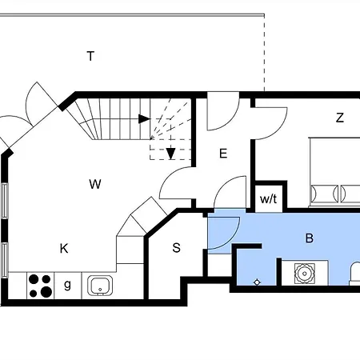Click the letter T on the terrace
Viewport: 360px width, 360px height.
click(90, 56)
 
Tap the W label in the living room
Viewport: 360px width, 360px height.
click(95, 184)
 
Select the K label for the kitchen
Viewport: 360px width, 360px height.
click(64, 249)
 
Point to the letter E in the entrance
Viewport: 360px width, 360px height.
click(223, 154)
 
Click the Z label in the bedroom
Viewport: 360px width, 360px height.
click(340, 118)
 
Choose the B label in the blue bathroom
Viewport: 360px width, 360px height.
click(310, 238)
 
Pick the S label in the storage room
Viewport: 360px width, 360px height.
click(177, 248)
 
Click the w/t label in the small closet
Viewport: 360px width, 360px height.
click(268, 198)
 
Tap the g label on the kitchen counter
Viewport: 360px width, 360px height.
click(68, 286)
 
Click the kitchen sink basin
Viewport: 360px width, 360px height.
click(100, 286)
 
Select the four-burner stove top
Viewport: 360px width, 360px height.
click(40, 286)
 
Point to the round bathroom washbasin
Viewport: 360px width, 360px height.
click(304, 274)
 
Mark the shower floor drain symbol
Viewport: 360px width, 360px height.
click(257, 282)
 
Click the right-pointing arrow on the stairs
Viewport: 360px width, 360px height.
click(145, 119)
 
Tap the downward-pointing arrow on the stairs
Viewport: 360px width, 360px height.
click(170, 154)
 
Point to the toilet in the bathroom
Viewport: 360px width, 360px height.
click(355, 274)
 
